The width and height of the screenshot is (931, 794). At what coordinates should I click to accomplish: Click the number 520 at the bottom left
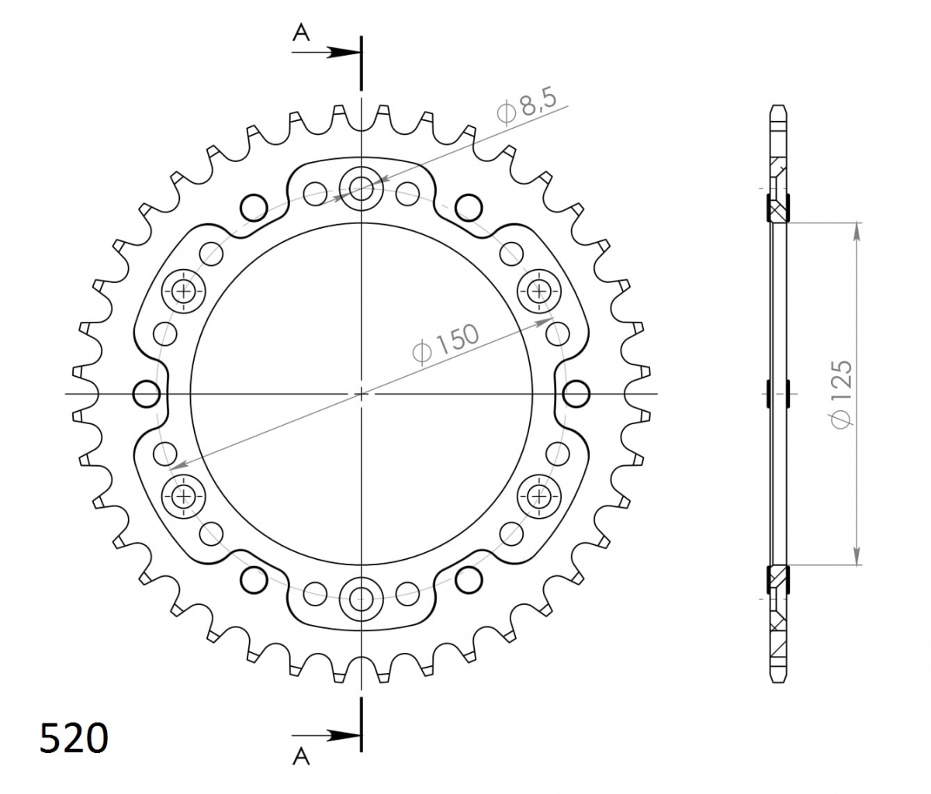[x=74, y=737]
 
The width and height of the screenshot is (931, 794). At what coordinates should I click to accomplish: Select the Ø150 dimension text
[x=445, y=343]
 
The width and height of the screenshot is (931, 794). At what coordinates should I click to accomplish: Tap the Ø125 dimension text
[x=840, y=395]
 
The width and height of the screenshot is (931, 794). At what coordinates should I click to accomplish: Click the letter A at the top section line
[x=301, y=33]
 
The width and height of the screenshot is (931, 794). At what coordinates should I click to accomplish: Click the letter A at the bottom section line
[x=301, y=756]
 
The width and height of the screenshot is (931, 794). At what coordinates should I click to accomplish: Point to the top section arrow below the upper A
[x=326, y=52]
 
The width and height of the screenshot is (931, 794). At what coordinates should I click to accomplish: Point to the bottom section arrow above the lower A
[x=326, y=737]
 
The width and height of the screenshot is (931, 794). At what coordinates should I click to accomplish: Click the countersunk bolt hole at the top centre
[x=362, y=188]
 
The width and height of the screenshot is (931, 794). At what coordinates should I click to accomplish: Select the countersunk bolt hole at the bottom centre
[x=362, y=599]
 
